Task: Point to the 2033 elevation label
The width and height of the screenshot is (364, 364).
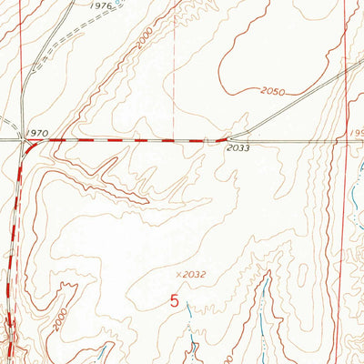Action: tap(238, 147)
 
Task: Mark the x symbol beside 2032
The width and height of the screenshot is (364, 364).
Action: tap(172, 273)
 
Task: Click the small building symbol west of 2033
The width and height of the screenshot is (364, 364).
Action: tap(209, 140)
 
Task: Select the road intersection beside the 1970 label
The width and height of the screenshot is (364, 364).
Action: tap(23, 140)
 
